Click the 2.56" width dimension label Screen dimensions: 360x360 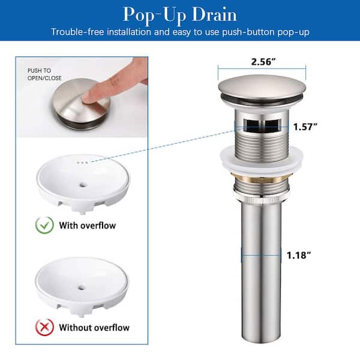263,62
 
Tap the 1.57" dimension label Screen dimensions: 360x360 305,127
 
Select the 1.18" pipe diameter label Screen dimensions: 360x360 299,255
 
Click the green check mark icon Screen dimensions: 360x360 44,225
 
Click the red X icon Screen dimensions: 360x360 44,327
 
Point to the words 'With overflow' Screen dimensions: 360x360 87,226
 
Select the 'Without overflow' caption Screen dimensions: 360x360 94,328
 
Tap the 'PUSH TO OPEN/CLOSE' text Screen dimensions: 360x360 44,74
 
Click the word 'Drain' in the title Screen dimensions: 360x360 214,15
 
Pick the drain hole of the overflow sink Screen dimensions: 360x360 83,184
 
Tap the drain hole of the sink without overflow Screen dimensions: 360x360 81,287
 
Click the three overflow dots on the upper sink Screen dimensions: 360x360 82,163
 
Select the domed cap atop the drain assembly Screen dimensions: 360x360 262,87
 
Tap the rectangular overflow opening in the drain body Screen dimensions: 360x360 262,125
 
